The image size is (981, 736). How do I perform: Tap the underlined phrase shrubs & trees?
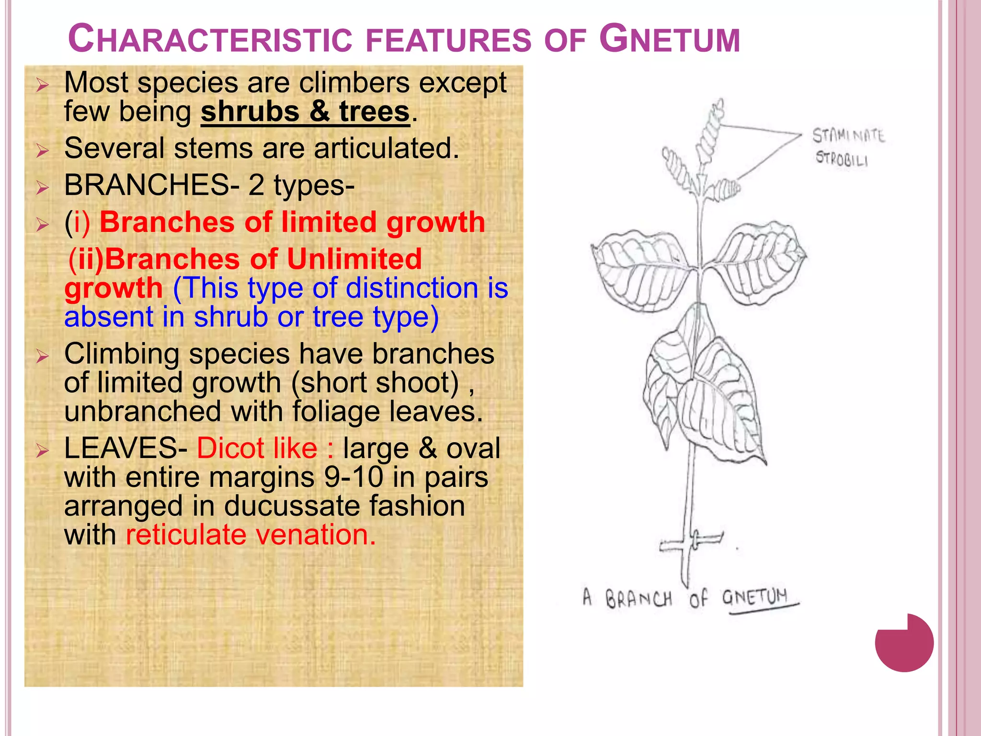[x=305, y=112]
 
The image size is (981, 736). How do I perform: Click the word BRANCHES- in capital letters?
[x=151, y=185]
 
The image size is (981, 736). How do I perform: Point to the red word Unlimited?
[x=354, y=259]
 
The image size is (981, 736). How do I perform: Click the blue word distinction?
[x=411, y=288]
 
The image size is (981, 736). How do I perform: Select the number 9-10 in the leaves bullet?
[x=354, y=477]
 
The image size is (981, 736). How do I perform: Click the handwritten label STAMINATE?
[x=848, y=136]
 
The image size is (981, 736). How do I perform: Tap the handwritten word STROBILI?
[x=842, y=159]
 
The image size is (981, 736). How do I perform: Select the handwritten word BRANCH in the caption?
[x=639, y=599]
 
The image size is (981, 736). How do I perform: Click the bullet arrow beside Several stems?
[x=43, y=151]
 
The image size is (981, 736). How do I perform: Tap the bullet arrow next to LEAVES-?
[x=43, y=451]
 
